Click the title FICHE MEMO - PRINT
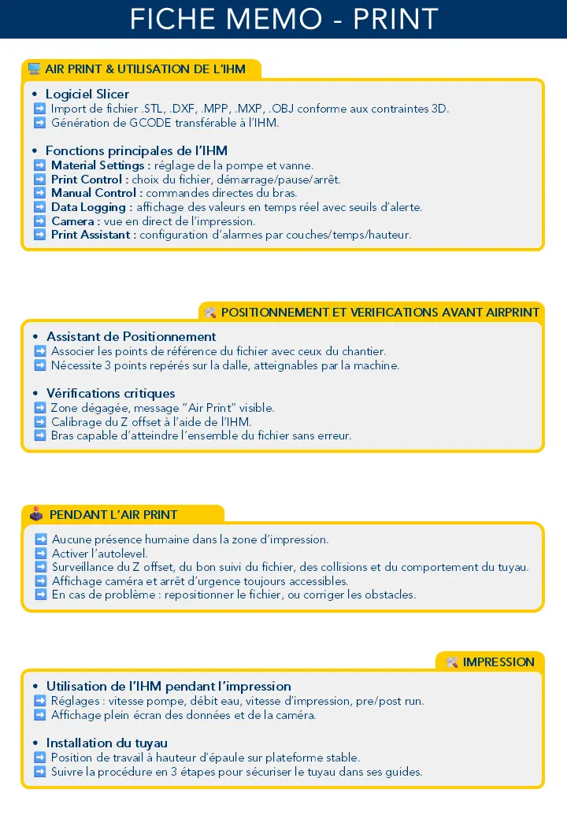coord(283,19)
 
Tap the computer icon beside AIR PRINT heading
coord(34,69)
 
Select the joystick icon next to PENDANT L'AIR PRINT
coord(36,514)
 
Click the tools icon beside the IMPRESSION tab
coord(452,662)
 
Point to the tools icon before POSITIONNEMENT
coord(210,313)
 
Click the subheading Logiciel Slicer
coord(87,94)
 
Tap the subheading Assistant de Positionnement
coord(131,336)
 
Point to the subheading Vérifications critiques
coord(110,393)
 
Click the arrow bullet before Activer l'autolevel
coord(41,554)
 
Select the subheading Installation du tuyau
coord(106,743)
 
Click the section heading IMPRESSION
coord(498,662)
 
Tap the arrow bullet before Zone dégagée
coord(40,408)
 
